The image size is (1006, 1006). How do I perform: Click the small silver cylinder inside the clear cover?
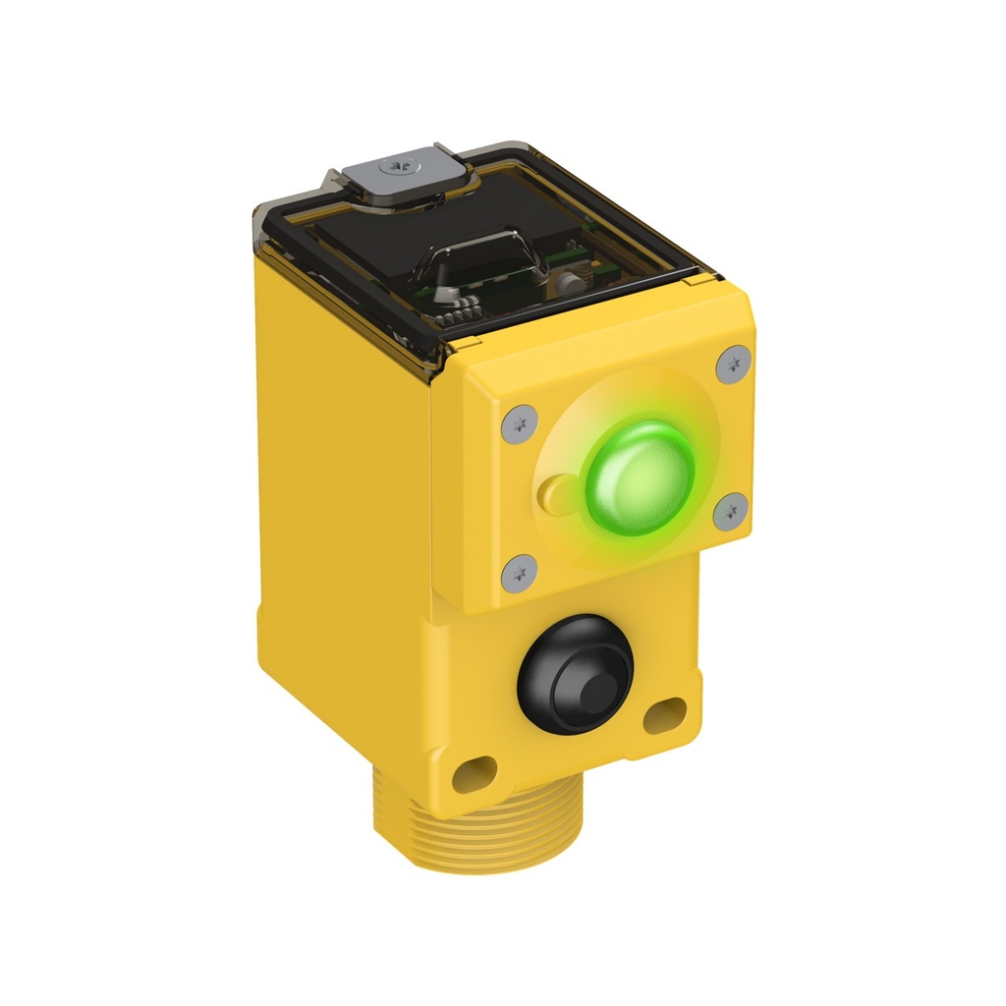pyautogui.click(x=568, y=283)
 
